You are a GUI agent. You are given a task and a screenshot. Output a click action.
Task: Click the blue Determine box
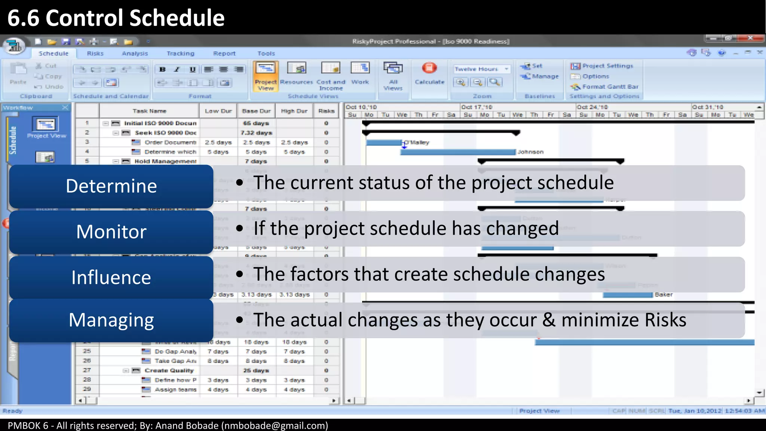pyautogui.click(x=111, y=186)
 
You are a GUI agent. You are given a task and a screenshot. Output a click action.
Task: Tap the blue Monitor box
pyautogui.click(x=111, y=232)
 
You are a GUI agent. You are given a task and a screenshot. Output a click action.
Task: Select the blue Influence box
pyautogui.click(x=111, y=278)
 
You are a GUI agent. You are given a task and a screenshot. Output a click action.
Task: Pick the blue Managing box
pyautogui.click(x=111, y=320)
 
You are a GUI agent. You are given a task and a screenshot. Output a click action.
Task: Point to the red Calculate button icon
pyautogui.click(x=429, y=68)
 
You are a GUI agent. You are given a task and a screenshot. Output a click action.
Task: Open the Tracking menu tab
pyautogui.click(x=180, y=54)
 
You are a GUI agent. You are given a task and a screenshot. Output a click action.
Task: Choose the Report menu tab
pyautogui.click(x=224, y=54)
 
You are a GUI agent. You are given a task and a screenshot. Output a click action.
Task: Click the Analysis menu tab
pyautogui.click(x=135, y=54)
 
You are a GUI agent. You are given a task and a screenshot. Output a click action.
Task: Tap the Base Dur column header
pyautogui.click(x=256, y=111)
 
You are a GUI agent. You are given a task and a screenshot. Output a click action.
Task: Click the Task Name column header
pyautogui.click(x=149, y=111)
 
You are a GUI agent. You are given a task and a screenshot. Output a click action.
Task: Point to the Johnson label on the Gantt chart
pyautogui.click(x=530, y=152)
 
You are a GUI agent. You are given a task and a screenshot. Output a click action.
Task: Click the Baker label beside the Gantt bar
pyautogui.click(x=664, y=295)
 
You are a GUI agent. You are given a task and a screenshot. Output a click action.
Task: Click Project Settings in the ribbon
pyautogui.click(x=607, y=66)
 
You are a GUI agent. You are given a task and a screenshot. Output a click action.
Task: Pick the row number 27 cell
pyautogui.click(x=87, y=370)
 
